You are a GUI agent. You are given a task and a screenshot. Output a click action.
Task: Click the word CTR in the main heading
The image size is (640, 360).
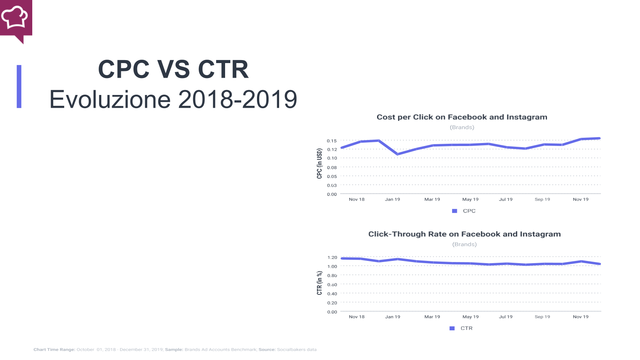tap(223, 69)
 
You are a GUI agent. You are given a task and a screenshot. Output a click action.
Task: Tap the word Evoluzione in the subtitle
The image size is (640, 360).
tap(110, 100)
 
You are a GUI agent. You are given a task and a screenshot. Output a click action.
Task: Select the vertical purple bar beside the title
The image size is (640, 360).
tap(19, 86)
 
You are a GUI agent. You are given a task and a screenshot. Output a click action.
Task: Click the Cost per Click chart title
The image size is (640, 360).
tap(462, 117)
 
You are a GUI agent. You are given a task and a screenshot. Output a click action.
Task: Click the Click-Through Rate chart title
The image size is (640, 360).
tap(464, 234)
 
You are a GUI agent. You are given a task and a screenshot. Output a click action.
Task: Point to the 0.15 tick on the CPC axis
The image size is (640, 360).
tap(332, 141)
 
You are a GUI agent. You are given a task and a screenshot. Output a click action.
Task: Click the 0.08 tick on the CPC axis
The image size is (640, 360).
tap(332, 167)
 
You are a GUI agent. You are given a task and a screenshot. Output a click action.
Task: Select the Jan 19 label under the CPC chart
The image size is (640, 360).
tap(392, 199)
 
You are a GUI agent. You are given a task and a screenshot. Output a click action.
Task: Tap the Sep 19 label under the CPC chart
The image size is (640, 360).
tap(542, 199)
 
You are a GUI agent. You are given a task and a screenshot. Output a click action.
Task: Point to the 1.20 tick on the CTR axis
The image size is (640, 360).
tap(332, 258)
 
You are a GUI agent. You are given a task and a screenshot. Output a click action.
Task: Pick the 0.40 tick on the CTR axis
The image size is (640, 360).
tap(332, 294)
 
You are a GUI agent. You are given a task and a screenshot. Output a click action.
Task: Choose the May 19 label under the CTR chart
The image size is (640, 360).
tap(470, 317)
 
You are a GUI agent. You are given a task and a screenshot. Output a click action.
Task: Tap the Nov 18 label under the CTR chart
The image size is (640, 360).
tap(356, 317)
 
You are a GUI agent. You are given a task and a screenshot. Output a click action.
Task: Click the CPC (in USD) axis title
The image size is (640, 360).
tap(319, 163)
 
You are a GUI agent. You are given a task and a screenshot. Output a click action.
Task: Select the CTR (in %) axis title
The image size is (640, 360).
tap(319, 283)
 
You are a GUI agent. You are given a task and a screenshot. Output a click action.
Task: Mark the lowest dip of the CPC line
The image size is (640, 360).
tap(397, 154)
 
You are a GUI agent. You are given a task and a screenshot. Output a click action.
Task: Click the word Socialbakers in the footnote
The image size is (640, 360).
tap(291, 349)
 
